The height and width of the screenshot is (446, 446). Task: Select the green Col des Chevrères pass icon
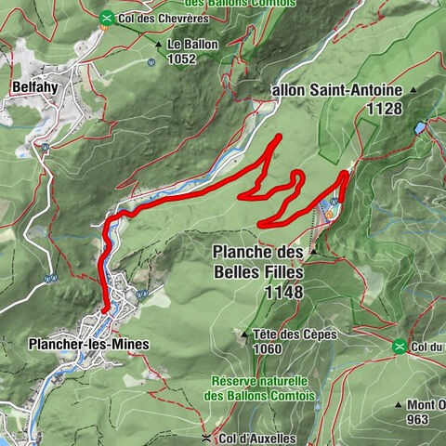point(108,17)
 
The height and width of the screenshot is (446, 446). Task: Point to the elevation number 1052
point(181,58)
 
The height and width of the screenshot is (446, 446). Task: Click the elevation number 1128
point(384,109)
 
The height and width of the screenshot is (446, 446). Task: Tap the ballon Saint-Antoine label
point(335,91)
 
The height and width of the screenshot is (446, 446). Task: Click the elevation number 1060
point(268,348)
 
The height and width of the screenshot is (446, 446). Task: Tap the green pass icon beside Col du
point(399,347)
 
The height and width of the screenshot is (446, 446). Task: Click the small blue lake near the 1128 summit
point(421,127)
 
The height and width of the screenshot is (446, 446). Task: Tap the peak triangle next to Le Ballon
point(159,44)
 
